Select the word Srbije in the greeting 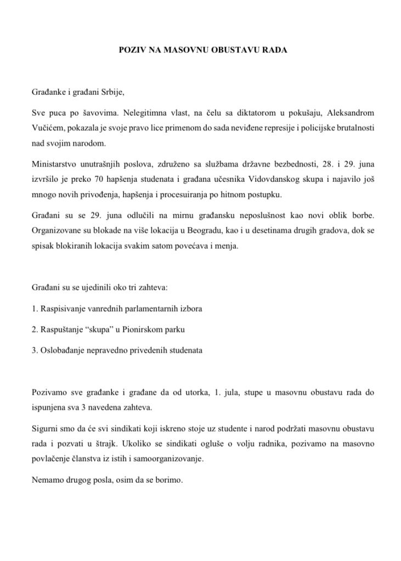click(x=117, y=93)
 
